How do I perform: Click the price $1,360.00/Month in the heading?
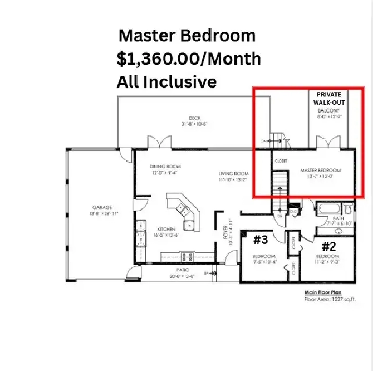(x=189, y=59)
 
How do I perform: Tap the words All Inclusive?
(x=166, y=82)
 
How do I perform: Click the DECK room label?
(x=195, y=118)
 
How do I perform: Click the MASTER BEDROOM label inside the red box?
(x=320, y=171)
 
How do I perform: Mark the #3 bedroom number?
(x=260, y=240)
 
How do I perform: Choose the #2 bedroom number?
(x=328, y=245)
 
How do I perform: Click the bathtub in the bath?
(x=330, y=210)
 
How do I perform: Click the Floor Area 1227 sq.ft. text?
(x=330, y=300)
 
